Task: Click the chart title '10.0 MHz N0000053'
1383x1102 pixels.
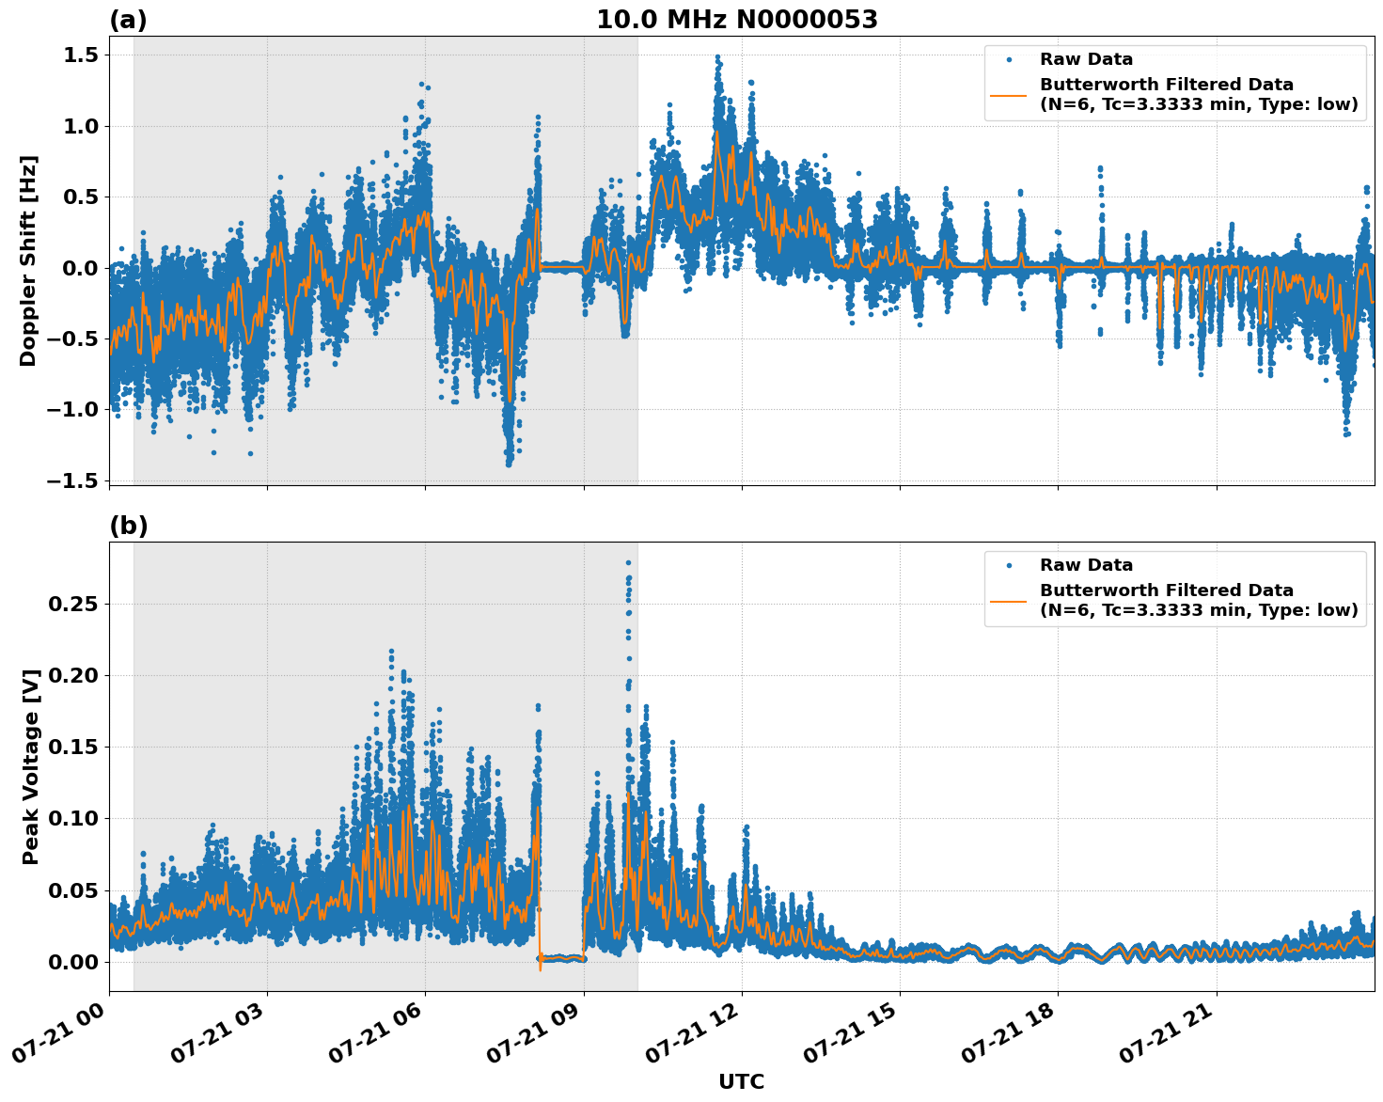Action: [736, 20]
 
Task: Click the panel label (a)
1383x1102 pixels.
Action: [128, 20]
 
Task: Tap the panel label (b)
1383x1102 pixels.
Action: [128, 526]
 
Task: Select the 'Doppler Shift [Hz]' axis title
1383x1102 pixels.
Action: [28, 260]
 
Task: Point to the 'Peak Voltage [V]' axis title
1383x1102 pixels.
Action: [30, 766]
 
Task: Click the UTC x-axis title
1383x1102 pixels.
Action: [741, 1081]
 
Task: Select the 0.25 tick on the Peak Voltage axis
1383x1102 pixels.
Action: [72, 604]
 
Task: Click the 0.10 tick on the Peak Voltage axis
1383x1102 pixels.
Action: [72, 818]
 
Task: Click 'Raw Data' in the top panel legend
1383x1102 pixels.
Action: [1086, 59]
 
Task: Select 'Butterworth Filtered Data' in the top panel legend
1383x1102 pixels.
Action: [1166, 85]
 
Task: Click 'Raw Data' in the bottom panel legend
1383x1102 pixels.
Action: [1086, 565]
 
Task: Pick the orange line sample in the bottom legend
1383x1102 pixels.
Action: [1010, 600]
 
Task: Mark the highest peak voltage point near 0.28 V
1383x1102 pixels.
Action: [628, 562]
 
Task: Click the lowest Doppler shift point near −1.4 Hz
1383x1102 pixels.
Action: [509, 464]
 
